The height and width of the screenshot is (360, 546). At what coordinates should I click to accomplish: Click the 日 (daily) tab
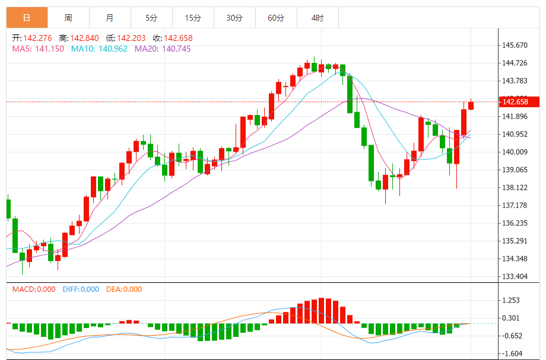click(27, 18)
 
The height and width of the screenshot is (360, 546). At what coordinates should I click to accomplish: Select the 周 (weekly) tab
click(68, 18)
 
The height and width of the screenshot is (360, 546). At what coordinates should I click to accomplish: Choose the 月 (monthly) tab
click(110, 18)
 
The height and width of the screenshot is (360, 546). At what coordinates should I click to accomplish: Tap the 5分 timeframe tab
click(151, 18)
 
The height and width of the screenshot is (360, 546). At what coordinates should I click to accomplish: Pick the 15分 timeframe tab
click(193, 18)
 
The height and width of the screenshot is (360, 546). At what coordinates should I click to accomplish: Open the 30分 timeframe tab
click(234, 18)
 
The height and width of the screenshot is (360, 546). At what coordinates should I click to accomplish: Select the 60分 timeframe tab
click(276, 18)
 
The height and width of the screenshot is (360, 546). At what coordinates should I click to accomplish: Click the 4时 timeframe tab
click(318, 18)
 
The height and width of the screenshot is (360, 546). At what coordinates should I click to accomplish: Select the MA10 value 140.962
click(113, 49)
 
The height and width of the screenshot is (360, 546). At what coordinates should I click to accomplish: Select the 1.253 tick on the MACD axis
click(510, 300)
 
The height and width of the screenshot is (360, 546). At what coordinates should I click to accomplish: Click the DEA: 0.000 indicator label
click(124, 289)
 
